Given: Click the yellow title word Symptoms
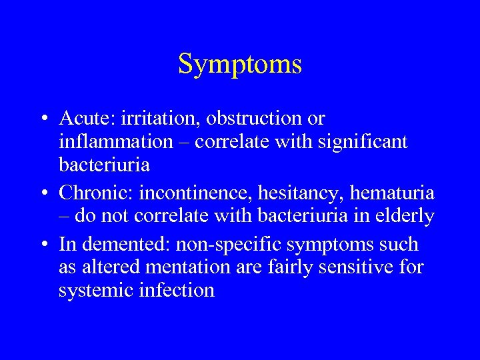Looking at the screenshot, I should [240, 65].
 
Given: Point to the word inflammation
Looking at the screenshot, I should [115, 141].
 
